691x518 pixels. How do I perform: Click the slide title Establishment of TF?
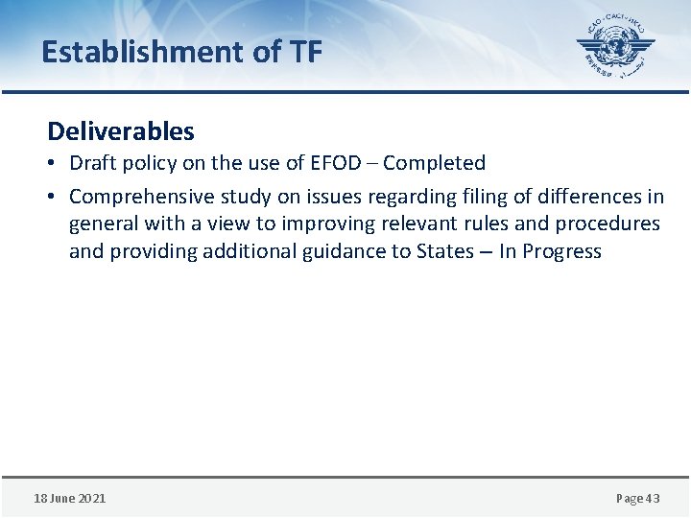pyautogui.click(x=181, y=51)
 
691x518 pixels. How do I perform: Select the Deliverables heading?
pyautogui.click(x=121, y=130)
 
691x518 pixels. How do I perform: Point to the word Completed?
pyautogui.click(x=435, y=163)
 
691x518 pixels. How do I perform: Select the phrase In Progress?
pyautogui.click(x=550, y=252)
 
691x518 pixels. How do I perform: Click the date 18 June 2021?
pyautogui.click(x=70, y=498)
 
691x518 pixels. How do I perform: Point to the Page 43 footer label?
pyautogui.click(x=637, y=498)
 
